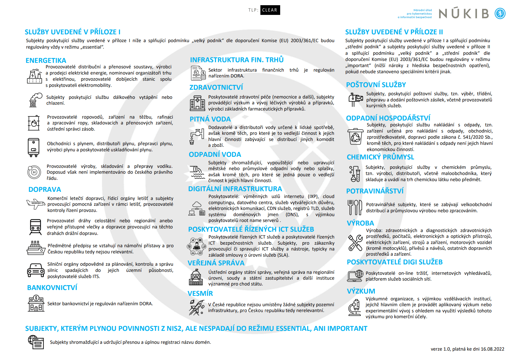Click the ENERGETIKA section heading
pos(46,61)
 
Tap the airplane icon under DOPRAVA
pos(35,204)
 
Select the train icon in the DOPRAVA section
pos(35,227)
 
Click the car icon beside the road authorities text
pos(35,270)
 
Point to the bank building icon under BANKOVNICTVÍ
pos(36,303)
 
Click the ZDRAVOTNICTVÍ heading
pos(216,87)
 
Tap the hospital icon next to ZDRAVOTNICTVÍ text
pos(197,103)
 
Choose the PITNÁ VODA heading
pos(210,119)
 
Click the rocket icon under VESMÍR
pos(197,307)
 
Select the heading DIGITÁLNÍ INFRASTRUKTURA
pos(235,189)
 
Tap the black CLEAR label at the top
pos(270,10)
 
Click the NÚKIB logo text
pos(464,14)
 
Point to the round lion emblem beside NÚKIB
pos(500,14)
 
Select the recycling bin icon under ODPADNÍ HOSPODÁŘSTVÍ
pos(355,136)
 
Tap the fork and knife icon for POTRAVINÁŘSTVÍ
pos(355,207)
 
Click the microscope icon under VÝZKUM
pos(355,307)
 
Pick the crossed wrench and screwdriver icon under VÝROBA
pos(355,243)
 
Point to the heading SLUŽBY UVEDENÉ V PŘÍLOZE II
pos(394,32)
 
